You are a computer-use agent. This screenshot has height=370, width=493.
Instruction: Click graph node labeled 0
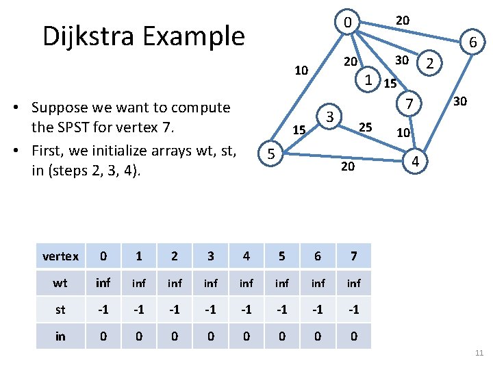pos(348,23)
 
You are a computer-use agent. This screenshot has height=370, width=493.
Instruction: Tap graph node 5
pos(270,155)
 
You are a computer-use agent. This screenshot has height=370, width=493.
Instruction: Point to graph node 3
pos(330,116)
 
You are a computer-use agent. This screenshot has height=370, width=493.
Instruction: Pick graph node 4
pos(415,162)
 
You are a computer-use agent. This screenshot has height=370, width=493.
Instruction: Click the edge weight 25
pos(366,127)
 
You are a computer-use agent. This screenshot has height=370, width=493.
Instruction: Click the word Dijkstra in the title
pos(90,36)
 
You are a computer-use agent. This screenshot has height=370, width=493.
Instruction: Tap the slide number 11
pos(479,353)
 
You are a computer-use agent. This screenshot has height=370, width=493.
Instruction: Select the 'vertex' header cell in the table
pos(60,256)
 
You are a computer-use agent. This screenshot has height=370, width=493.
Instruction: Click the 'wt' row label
pos(60,282)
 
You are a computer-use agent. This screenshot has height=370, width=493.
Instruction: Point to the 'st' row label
pos(60,309)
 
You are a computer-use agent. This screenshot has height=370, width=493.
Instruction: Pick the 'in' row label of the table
pos(60,336)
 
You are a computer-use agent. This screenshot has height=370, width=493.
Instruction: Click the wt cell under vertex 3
pos(210,282)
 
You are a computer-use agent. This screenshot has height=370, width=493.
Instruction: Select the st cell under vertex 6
pos(317,309)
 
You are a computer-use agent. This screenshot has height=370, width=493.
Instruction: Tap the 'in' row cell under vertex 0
pos(103,336)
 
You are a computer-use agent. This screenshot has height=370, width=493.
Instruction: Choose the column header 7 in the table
pos(353,256)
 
